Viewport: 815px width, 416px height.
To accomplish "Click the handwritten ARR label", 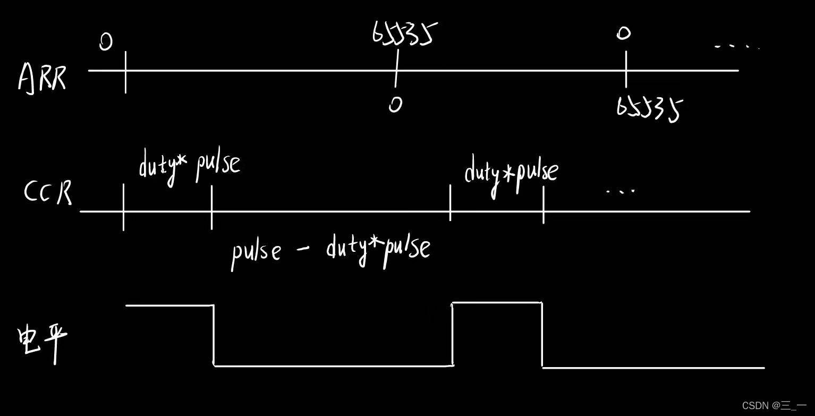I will pyautogui.click(x=42, y=78).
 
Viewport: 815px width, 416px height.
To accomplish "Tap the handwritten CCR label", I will pyautogui.click(x=48, y=192).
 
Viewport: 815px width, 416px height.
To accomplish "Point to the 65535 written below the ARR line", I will pyautogui.click(x=649, y=109).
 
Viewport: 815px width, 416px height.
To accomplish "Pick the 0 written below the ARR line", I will pyautogui.click(x=395, y=104).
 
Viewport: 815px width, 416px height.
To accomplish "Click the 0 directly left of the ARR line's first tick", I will pyautogui.click(x=106, y=42).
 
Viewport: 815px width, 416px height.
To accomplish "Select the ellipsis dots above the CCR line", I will pyautogui.click(x=620, y=190).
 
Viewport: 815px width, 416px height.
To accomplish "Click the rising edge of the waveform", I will pyautogui.click(x=452, y=334).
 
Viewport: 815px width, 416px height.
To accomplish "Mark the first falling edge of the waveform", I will pyautogui.click(x=214, y=335).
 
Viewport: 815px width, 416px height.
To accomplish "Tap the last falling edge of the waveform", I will pyautogui.click(x=542, y=335).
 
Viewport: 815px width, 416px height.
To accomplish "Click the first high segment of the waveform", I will pyautogui.click(x=169, y=305).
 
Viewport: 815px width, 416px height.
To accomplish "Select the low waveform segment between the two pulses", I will pyautogui.click(x=333, y=366).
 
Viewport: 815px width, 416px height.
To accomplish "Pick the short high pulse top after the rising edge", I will pyautogui.click(x=497, y=303).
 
